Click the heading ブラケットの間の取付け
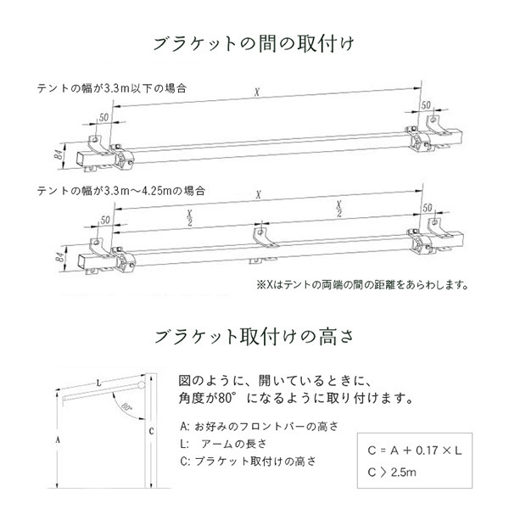(x=255, y=42)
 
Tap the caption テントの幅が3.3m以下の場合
(x=111, y=87)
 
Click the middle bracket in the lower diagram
(x=264, y=241)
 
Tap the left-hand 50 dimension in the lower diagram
(x=103, y=218)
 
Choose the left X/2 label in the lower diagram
(x=188, y=219)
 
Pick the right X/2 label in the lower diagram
(x=338, y=207)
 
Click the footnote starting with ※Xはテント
(x=361, y=286)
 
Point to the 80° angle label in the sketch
(x=127, y=408)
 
